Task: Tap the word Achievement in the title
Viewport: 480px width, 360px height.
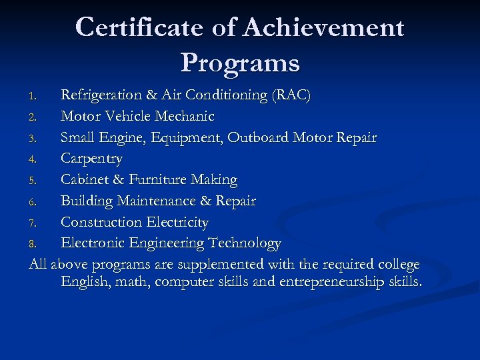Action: point(323,28)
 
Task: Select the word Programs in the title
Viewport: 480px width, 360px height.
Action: point(240,63)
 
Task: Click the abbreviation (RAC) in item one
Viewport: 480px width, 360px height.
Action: point(291,95)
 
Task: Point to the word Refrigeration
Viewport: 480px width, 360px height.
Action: point(104,95)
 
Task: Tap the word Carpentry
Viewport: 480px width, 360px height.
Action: point(91,159)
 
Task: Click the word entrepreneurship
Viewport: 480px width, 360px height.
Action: point(327,282)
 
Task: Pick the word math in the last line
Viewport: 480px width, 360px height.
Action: point(130,282)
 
